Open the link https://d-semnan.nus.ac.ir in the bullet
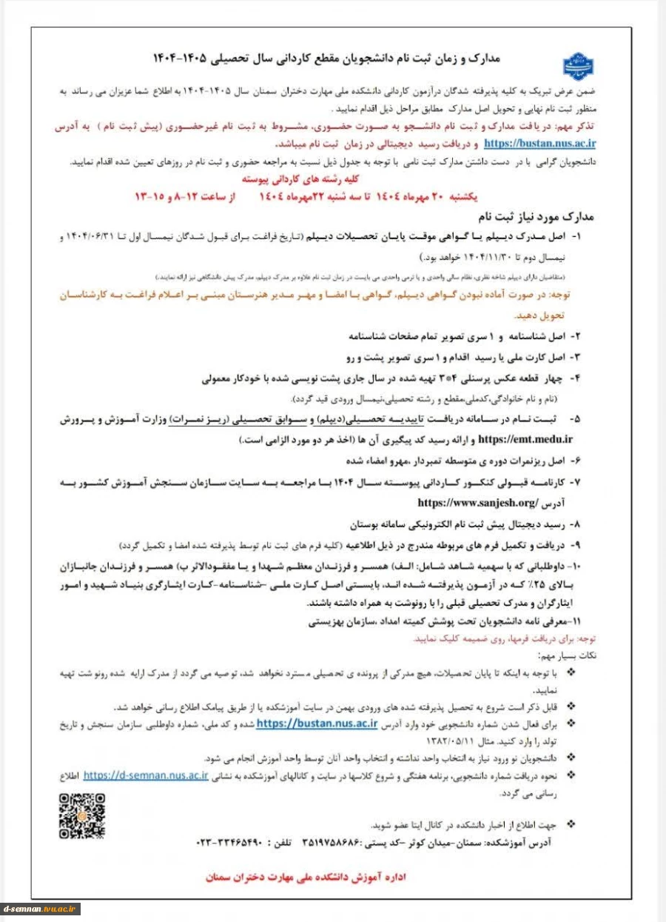click(145, 775)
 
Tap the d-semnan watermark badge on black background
click(41, 908)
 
